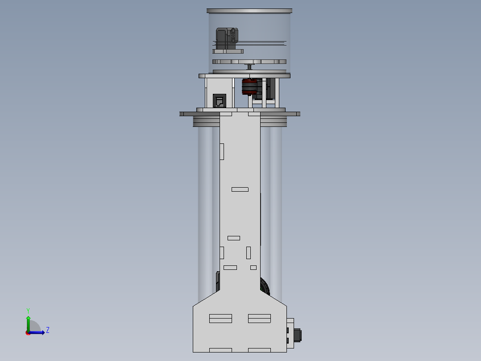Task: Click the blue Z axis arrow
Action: coord(38,332)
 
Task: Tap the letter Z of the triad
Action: coord(48,330)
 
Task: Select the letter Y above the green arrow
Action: coord(28,310)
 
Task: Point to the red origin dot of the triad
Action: coord(28,332)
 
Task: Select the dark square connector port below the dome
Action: coord(220,101)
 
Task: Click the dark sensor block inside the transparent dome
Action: coord(227,39)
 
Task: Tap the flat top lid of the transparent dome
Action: coord(249,11)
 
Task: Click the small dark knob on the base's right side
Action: coord(298,335)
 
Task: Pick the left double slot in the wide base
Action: coord(220,319)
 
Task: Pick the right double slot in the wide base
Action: coord(259,319)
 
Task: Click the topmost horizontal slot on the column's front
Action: coord(240,189)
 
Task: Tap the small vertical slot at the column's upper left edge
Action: coord(222,151)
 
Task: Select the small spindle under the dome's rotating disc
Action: coord(250,67)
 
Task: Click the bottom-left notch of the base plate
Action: coord(220,350)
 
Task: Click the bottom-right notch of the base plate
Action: coord(259,350)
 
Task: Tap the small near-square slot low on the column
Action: coord(253,268)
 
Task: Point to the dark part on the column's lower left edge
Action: coord(218,281)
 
